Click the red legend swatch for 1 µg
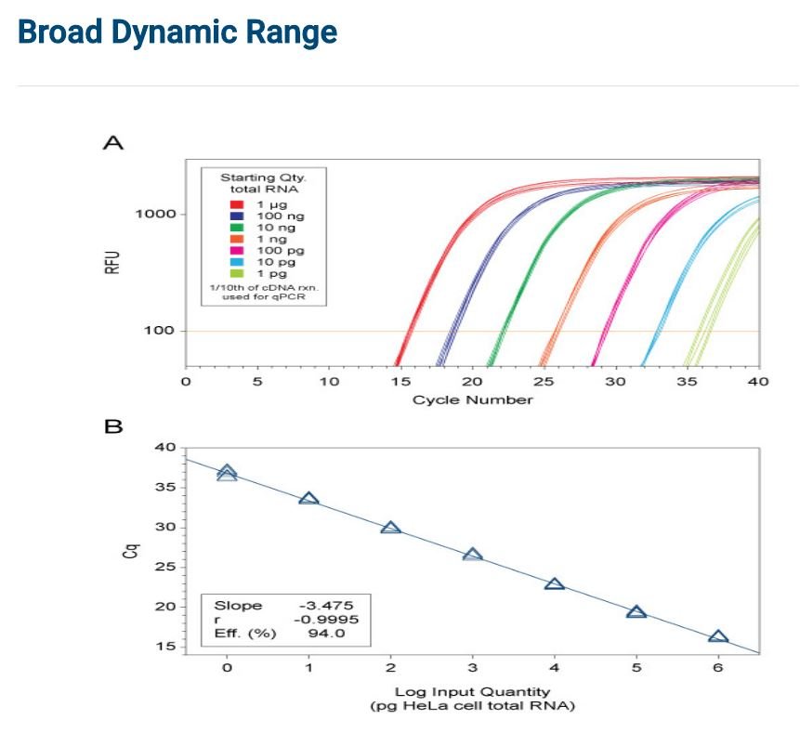click(x=237, y=204)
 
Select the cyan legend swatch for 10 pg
click(x=237, y=262)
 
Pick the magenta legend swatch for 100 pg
click(x=237, y=251)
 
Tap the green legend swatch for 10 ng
click(x=237, y=228)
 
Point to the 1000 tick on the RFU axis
click(x=155, y=214)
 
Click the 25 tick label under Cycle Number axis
click(x=544, y=382)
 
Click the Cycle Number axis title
click(x=472, y=399)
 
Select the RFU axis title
click(x=112, y=262)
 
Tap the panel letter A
click(x=113, y=142)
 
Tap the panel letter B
click(x=113, y=426)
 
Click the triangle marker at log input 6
click(x=718, y=636)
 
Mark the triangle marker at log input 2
click(x=391, y=528)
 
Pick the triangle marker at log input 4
click(x=555, y=583)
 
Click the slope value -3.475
click(x=326, y=606)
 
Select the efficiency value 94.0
click(x=326, y=634)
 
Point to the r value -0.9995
click(x=326, y=620)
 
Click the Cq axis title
click(x=131, y=551)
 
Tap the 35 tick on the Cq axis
click(x=165, y=487)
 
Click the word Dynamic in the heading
click(x=175, y=33)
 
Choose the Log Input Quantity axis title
click(x=472, y=692)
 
